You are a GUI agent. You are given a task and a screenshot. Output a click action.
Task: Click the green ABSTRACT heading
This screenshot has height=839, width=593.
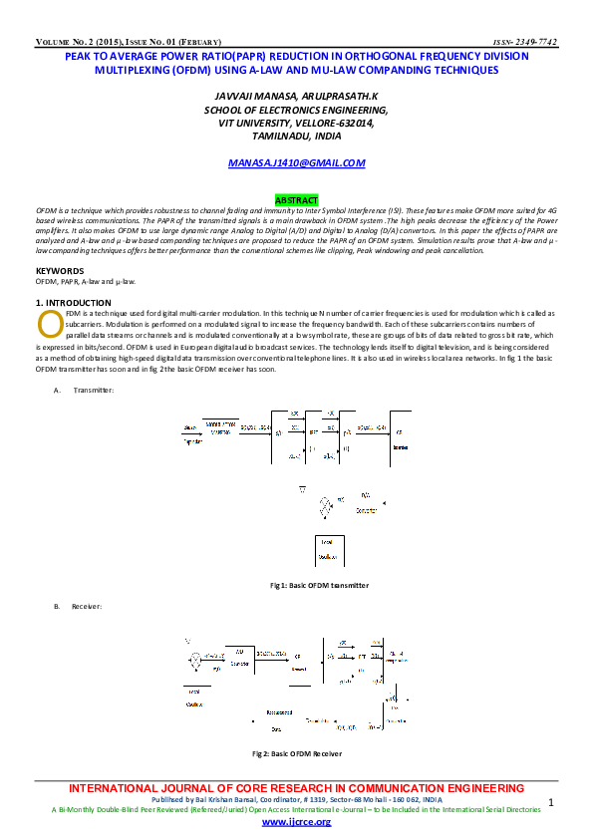point(296,200)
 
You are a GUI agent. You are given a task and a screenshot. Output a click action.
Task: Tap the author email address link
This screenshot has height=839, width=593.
point(296,161)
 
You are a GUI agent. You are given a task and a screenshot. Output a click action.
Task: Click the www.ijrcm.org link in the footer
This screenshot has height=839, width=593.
point(296,822)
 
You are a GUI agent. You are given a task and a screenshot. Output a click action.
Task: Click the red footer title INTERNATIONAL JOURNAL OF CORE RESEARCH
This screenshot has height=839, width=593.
point(297,789)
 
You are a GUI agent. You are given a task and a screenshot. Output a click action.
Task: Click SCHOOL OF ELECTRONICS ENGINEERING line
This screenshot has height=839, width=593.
point(295,110)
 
